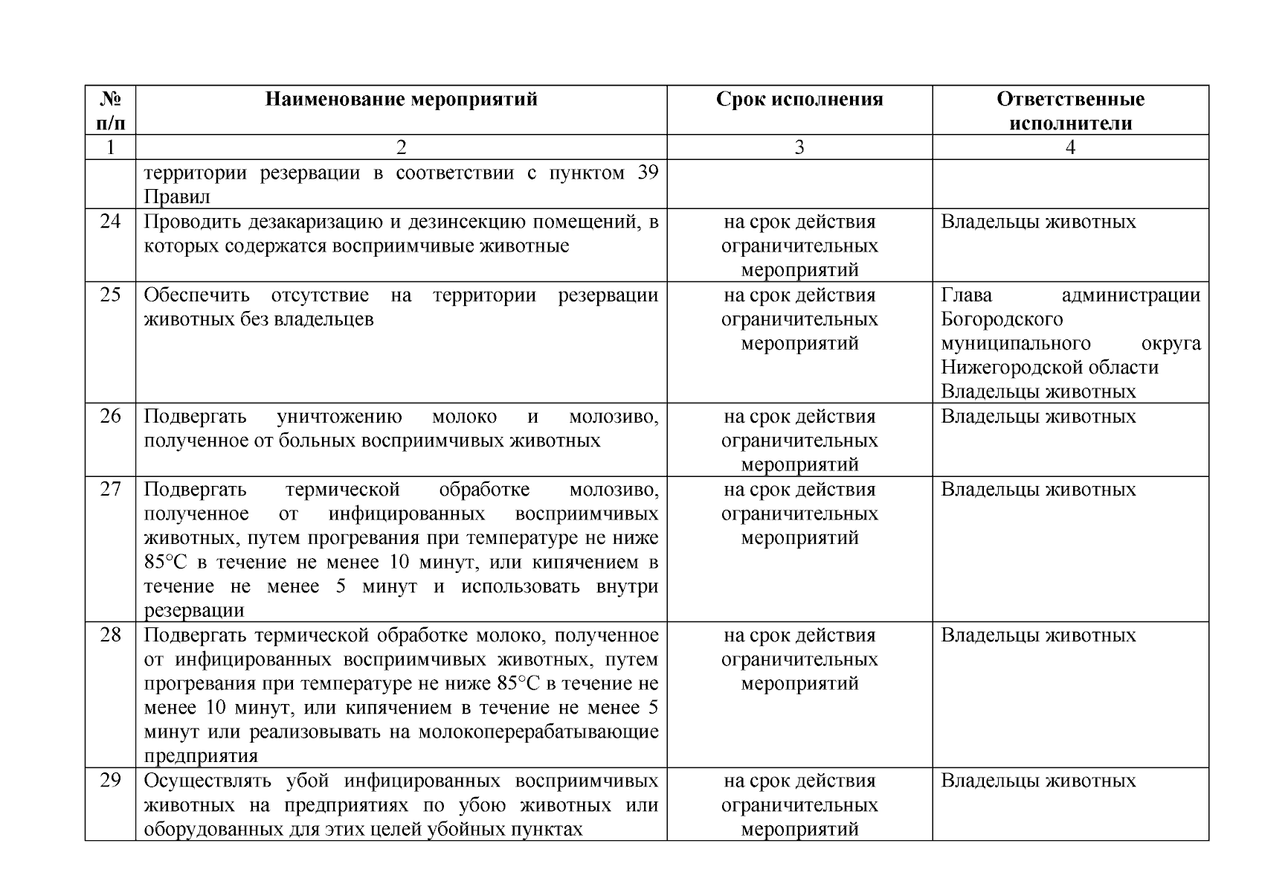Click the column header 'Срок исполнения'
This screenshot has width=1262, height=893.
(799, 100)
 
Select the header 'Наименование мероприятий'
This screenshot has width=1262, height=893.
(401, 100)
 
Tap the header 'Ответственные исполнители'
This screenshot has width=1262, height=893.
(1070, 111)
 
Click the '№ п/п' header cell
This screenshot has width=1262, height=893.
(110, 111)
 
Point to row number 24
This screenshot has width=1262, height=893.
(110, 222)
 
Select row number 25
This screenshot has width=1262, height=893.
(110, 295)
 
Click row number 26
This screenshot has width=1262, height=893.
(110, 416)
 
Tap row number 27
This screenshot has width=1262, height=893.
(110, 489)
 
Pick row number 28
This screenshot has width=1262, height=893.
(110, 635)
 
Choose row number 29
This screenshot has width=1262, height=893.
(110, 781)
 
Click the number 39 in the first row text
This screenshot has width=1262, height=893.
(648, 173)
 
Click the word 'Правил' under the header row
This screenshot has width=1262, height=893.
(176, 197)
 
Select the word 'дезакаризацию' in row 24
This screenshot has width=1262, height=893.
(312, 222)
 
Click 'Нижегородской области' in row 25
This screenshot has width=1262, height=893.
(1049, 368)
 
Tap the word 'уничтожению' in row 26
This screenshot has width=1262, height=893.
(339, 416)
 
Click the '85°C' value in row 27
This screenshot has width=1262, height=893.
(166, 562)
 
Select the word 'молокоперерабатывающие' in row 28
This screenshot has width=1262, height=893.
(538, 732)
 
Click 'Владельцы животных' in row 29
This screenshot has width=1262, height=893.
(1038, 781)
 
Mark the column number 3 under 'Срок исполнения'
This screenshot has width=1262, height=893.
(799, 147)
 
